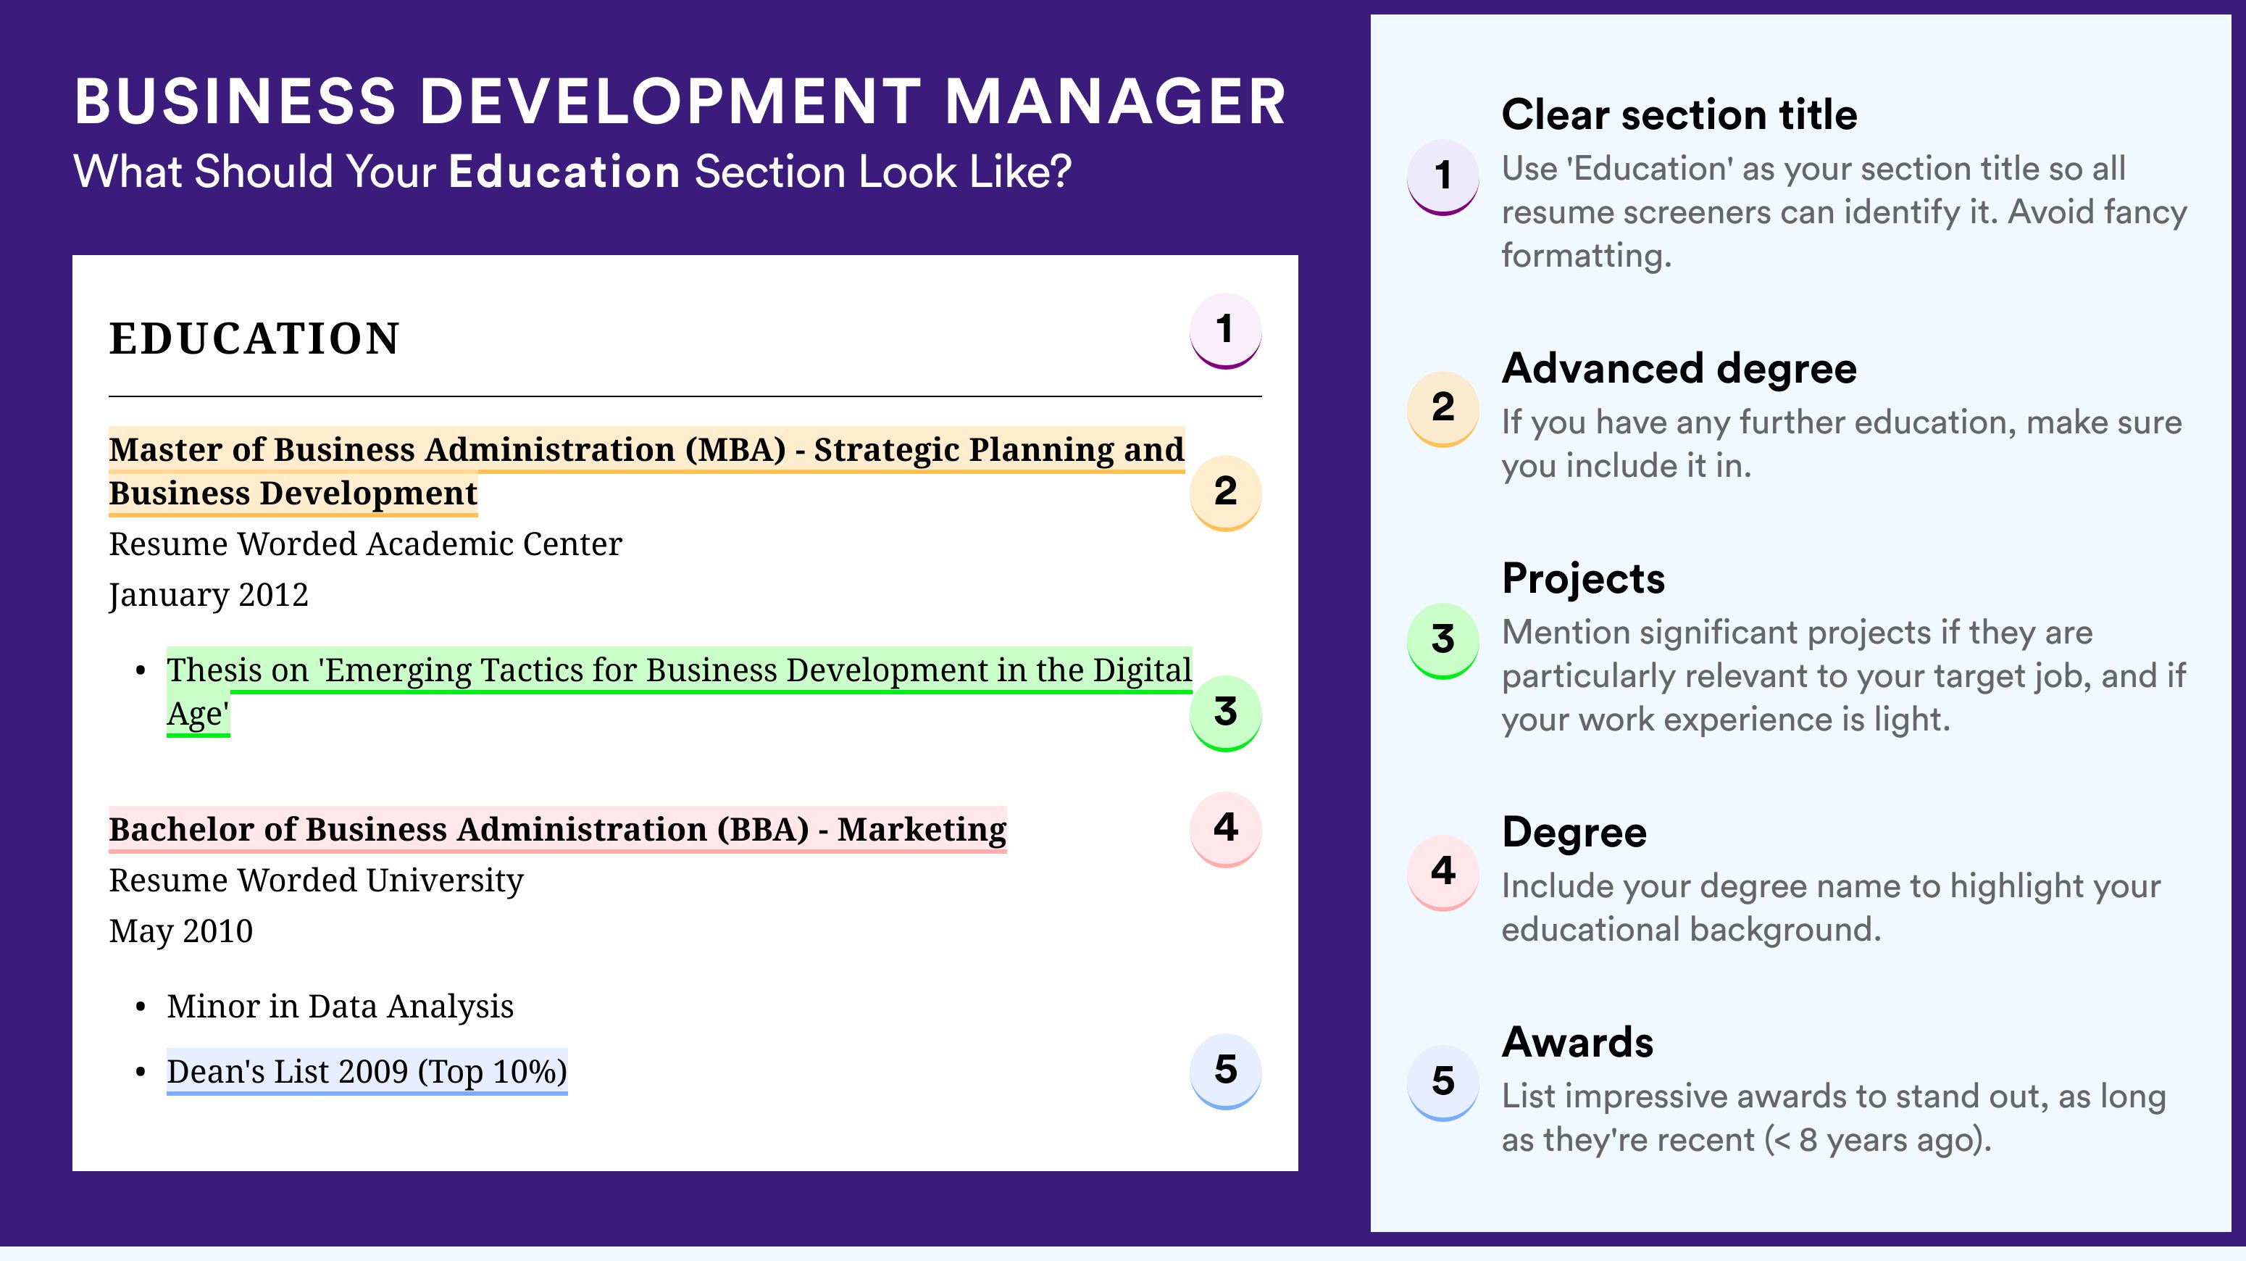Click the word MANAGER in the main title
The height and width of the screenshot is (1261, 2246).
1115,102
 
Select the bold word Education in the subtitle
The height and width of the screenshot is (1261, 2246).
564,172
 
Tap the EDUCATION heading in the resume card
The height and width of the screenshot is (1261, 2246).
254,338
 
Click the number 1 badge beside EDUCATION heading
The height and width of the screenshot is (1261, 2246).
1225,331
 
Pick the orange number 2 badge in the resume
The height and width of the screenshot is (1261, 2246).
1225,493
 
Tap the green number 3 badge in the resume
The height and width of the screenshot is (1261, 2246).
1225,713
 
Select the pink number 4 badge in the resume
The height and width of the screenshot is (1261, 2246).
1225,829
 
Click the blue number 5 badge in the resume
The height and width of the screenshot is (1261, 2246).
1225,1072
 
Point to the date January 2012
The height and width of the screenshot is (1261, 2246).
209,596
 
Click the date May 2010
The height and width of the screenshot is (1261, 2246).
180,932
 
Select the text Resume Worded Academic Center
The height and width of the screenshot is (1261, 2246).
365,544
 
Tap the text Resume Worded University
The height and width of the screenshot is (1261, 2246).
316,881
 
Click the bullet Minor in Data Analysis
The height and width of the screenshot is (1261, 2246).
340,1007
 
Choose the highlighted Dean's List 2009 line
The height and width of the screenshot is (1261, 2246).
367,1072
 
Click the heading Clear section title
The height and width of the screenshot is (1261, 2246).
1679,115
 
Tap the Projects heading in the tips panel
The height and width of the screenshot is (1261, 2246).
1583,579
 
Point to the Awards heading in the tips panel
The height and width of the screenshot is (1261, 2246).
1577,1042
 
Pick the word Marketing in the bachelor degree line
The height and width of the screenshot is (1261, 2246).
922,829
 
